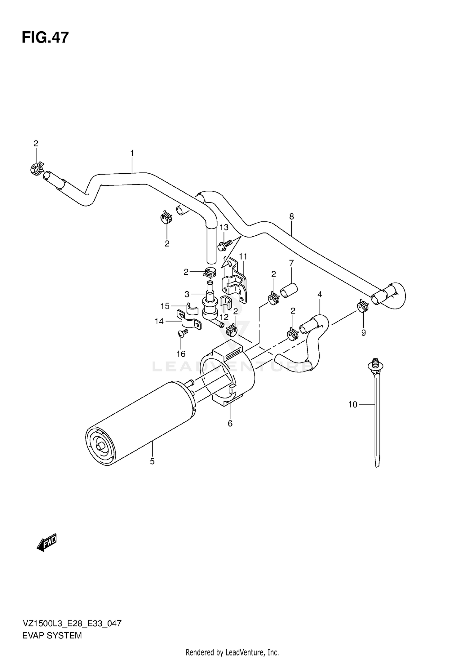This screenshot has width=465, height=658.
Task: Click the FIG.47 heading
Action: [45, 38]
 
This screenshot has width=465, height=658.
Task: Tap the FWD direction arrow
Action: [47, 542]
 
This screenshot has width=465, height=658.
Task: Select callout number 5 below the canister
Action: [152, 470]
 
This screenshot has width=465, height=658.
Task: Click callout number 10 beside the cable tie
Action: [352, 404]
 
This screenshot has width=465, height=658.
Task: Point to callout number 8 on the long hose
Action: [291, 216]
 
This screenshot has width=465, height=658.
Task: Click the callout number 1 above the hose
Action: [132, 153]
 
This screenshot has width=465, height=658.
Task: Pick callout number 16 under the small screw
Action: [181, 353]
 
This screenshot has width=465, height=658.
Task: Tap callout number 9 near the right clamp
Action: [363, 333]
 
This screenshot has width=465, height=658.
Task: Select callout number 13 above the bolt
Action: [224, 227]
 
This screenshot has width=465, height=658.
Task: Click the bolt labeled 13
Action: [224, 245]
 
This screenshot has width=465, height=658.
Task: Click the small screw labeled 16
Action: [183, 333]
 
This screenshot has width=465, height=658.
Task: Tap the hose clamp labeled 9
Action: [362, 306]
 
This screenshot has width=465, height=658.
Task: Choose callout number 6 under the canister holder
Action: [230, 424]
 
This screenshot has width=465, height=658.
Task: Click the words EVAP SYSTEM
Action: [52, 635]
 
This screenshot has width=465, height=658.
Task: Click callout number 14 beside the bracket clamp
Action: [159, 322]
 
